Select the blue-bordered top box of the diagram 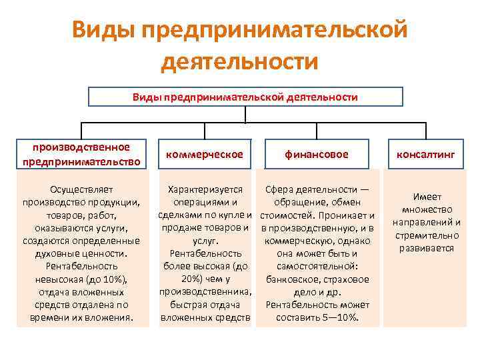point(246,97)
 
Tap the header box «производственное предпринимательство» point(81,154)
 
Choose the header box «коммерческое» point(205,154)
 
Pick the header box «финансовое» point(316,154)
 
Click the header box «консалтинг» point(426,154)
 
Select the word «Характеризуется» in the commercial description point(205,190)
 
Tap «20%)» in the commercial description point(192,279)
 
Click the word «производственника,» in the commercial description point(205,292)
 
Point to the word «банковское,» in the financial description point(293,279)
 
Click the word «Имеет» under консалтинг point(427,198)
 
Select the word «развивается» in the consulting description point(427,248)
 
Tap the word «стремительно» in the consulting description point(427,235)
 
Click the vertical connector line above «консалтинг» point(426,131)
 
